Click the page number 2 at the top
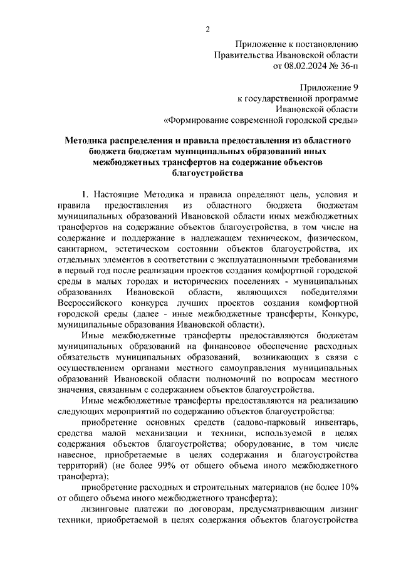207,29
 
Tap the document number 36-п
346,65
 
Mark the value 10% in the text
347,487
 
